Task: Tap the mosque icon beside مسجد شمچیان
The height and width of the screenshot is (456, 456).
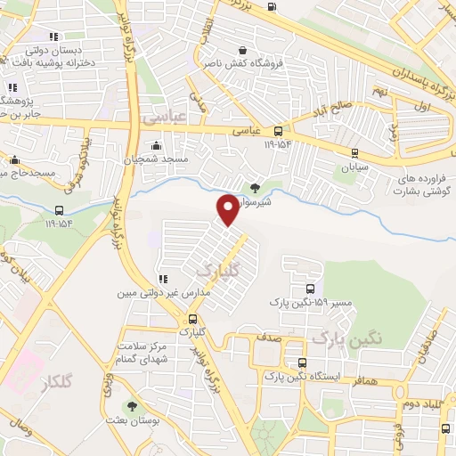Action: click(x=157, y=145)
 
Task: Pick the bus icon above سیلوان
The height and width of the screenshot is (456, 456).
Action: click(x=355, y=152)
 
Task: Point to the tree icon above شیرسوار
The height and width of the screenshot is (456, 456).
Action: click(x=256, y=187)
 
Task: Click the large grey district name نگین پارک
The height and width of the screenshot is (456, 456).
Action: click(x=346, y=338)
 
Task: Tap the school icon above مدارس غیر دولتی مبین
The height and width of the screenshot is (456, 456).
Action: click(x=161, y=279)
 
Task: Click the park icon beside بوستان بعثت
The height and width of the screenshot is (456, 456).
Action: click(x=133, y=406)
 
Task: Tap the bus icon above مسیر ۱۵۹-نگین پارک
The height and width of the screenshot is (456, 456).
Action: click(x=310, y=289)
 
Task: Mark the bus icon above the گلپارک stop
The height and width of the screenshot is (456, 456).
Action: click(x=192, y=319)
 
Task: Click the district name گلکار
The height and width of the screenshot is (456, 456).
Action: click(x=55, y=383)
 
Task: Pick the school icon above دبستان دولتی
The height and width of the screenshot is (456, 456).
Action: click(x=53, y=37)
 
